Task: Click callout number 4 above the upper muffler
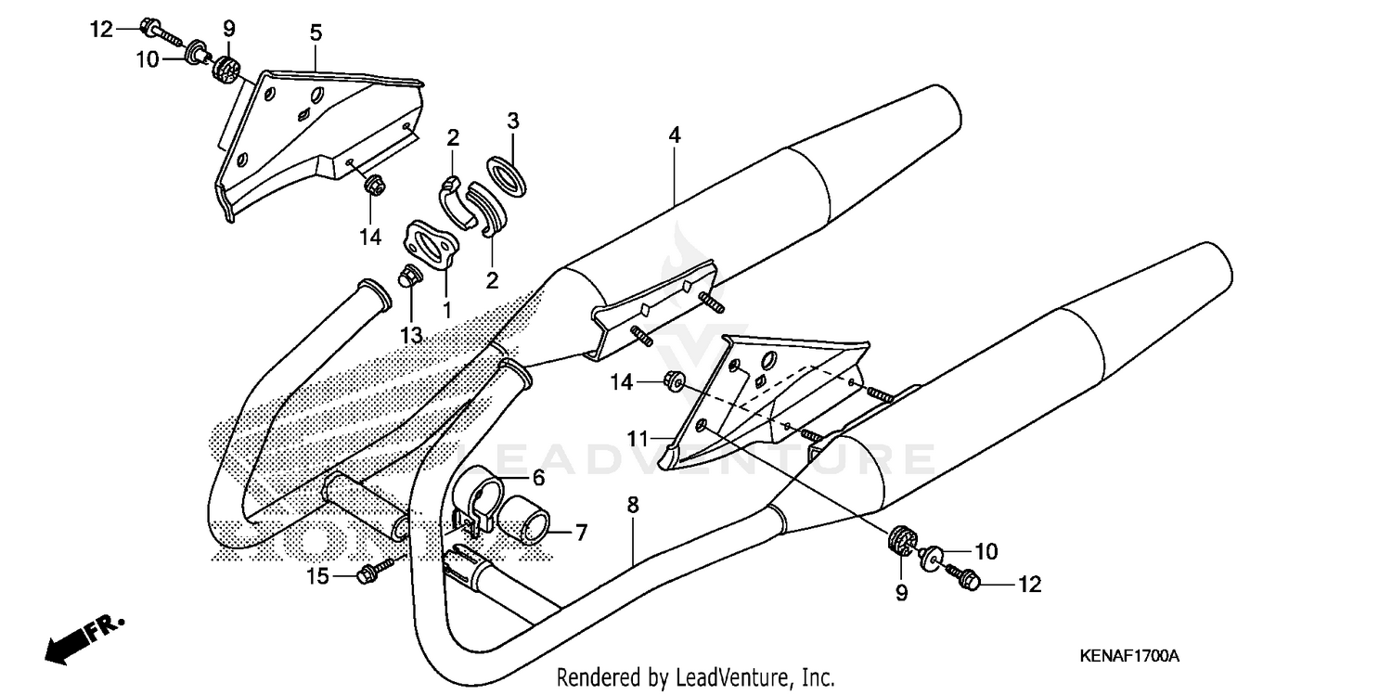pos(675,135)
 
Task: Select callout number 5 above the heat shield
pos(316,33)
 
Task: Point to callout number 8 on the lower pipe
pos(632,506)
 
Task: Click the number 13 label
pos(411,335)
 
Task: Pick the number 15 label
pos(318,577)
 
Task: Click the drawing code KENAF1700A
pos(1128,656)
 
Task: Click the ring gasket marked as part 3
pos(508,176)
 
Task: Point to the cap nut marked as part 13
pos(406,276)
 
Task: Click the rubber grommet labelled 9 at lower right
pos(900,539)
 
